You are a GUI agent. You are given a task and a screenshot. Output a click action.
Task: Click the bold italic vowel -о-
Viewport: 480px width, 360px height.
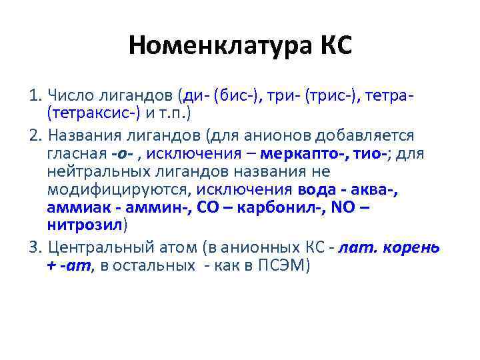tap(122, 155)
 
